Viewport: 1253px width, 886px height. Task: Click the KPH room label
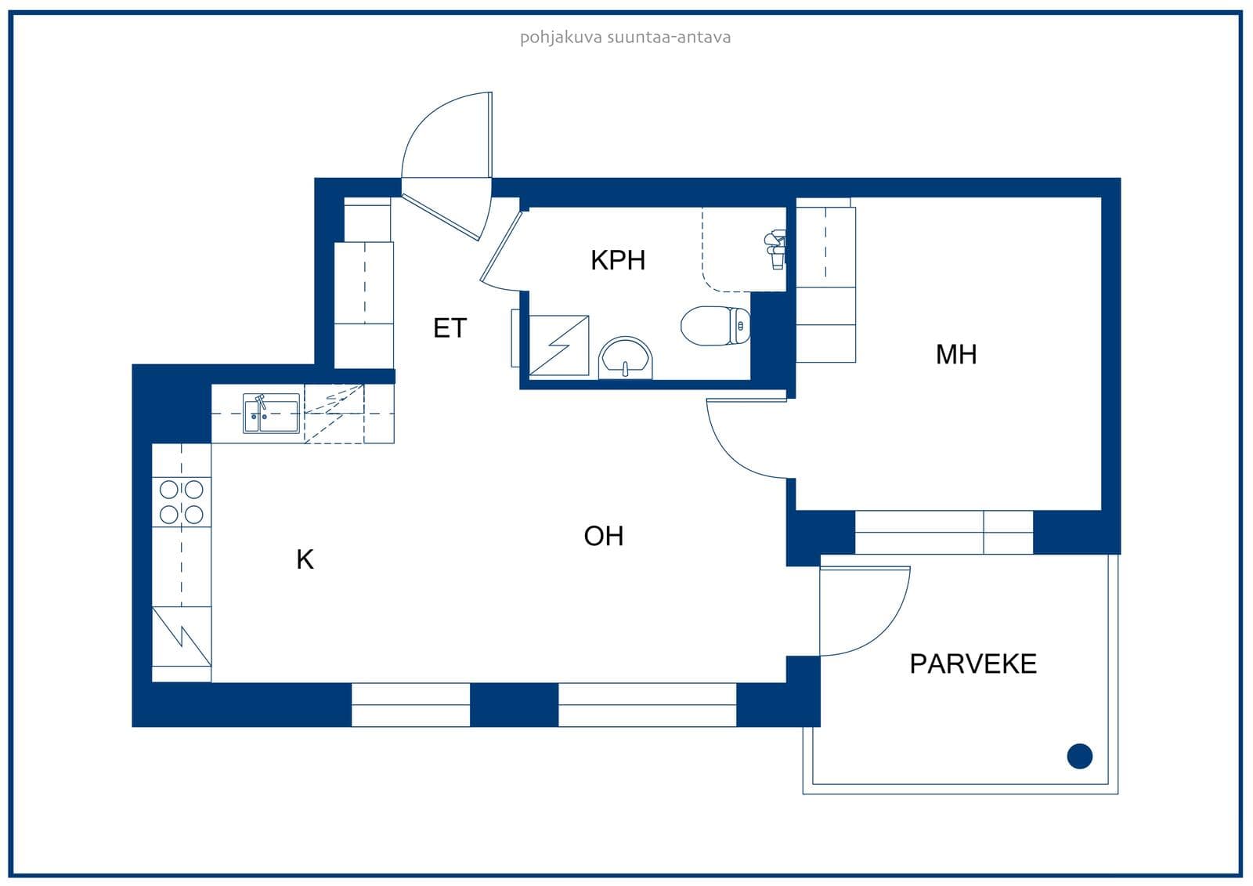618,260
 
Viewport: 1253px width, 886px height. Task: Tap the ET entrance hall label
450,328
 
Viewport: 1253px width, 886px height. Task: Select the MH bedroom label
956,354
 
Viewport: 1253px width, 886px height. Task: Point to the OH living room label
604,536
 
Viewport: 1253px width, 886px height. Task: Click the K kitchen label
305,559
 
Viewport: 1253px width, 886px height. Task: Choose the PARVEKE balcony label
973,664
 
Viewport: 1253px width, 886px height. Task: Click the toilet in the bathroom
716,326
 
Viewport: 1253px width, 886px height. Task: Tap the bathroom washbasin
626,358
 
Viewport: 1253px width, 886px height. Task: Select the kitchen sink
271,414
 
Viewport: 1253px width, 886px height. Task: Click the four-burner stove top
181,502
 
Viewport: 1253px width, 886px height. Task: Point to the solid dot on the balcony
1080,756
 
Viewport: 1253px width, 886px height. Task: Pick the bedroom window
944,532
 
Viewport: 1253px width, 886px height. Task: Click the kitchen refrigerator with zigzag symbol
181,636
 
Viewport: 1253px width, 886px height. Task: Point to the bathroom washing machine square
559,345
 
